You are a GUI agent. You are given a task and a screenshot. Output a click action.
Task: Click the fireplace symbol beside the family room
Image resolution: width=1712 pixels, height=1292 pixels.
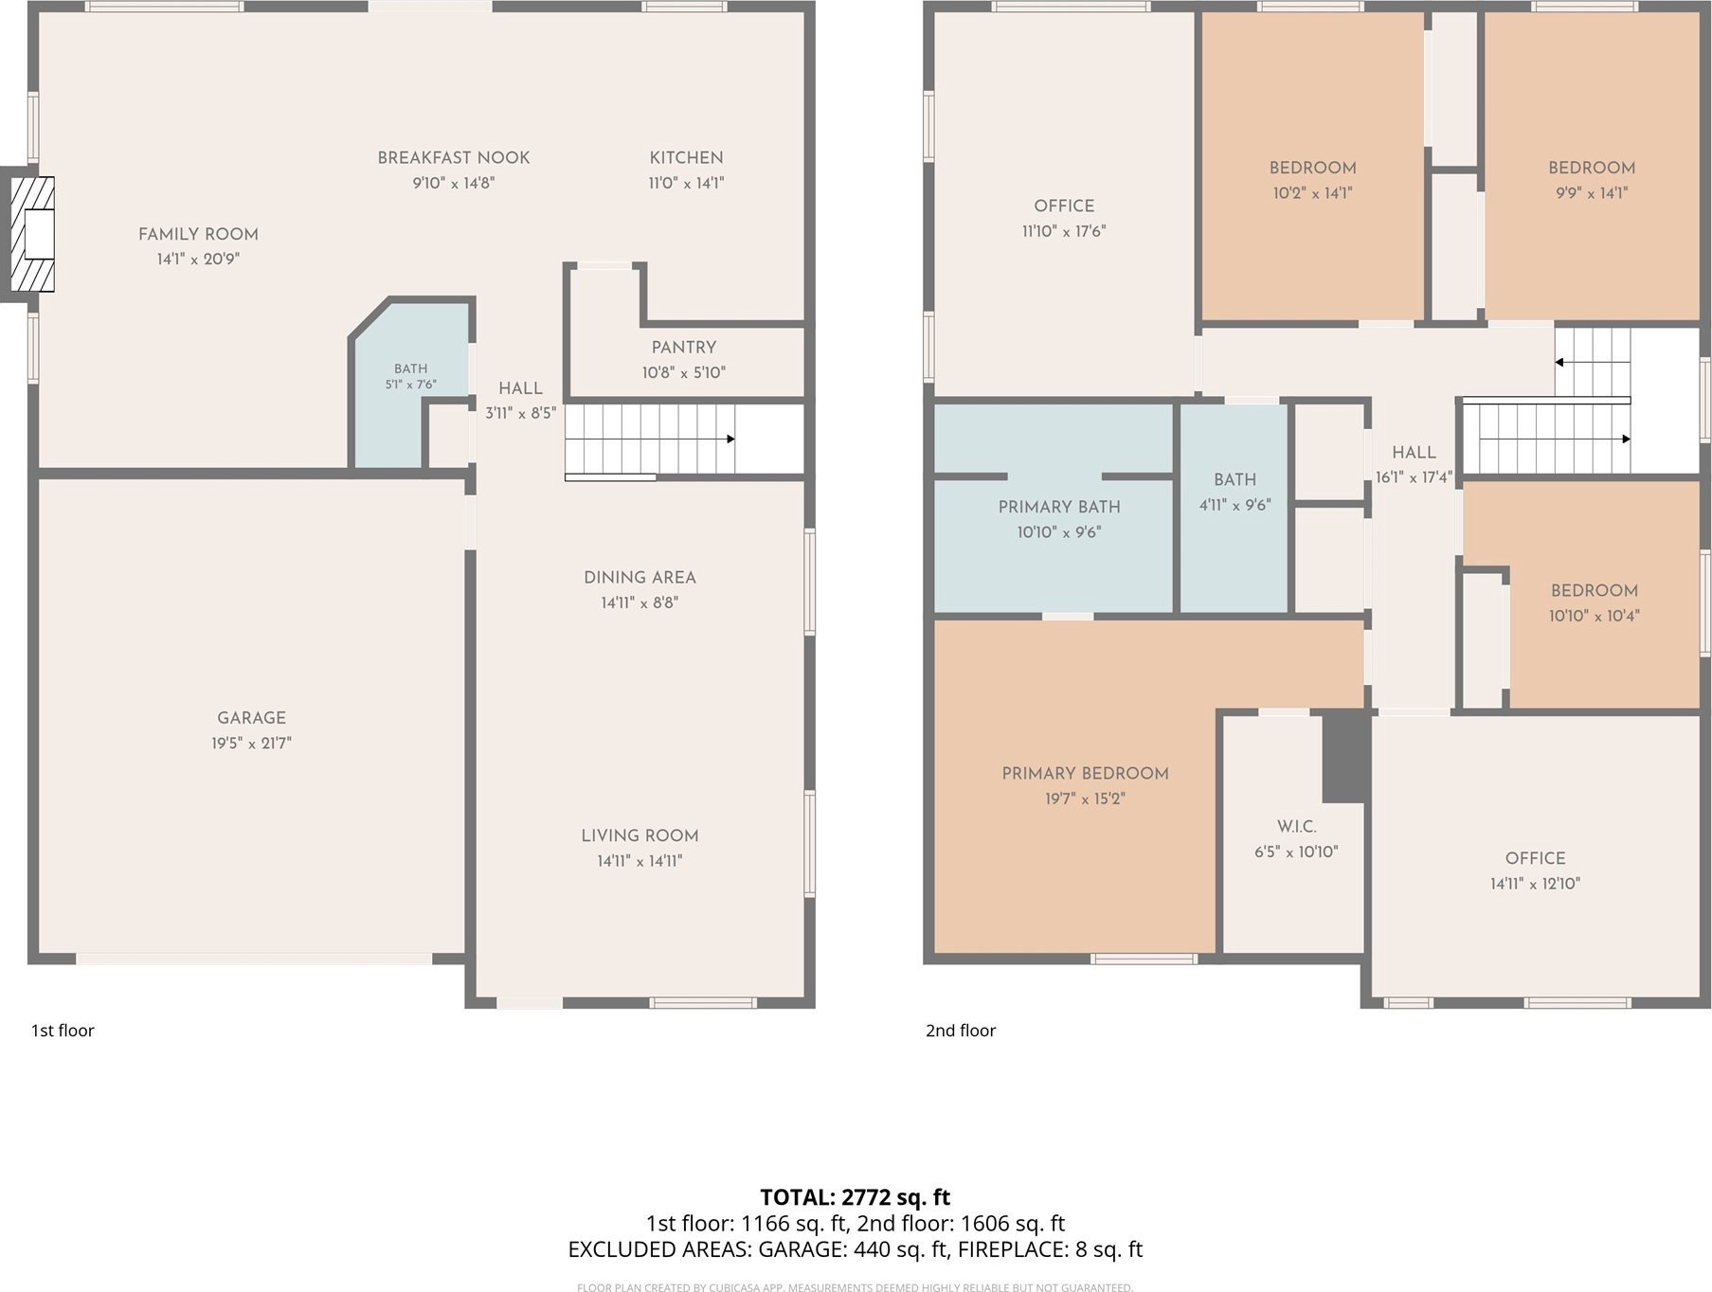pyautogui.click(x=32, y=234)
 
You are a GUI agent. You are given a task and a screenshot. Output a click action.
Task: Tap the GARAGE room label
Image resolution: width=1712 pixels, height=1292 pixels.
pyautogui.click(x=251, y=718)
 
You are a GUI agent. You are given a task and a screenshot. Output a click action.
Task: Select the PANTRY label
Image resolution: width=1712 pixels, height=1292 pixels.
pyautogui.click(x=683, y=348)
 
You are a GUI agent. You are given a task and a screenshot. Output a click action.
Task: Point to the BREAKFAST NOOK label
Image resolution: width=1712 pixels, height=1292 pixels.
pyautogui.click(x=454, y=158)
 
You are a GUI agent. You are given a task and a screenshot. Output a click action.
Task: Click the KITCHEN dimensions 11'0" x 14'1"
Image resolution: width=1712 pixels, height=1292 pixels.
pyautogui.click(x=686, y=183)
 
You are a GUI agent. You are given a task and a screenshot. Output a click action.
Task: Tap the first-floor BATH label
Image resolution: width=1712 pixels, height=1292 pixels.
pyautogui.click(x=411, y=368)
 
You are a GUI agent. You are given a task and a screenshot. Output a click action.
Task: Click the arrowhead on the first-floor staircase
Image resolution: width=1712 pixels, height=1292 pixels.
pyautogui.click(x=730, y=440)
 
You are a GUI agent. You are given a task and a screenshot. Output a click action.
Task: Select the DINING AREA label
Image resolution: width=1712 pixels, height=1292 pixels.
pyautogui.click(x=640, y=578)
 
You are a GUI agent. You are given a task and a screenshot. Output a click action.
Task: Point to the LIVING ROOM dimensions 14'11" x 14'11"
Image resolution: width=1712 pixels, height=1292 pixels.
pyautogui.click(x=640, y=861)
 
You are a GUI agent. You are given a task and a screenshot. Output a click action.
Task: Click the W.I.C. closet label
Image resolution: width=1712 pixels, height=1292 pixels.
pyautogui.click(x=1296, y=827)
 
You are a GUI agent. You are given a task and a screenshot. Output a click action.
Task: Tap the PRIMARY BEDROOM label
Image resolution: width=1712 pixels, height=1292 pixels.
pyautogui.click(x=1085, y=774)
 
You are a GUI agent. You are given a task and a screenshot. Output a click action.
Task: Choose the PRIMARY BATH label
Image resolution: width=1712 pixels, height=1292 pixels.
pyautogui.click(x=1059, y=508)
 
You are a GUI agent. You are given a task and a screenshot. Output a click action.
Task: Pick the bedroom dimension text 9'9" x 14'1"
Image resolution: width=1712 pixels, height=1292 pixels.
pyautogui.click(x=1592, y=193)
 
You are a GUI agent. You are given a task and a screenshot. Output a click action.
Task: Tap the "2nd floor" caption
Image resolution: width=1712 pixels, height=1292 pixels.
pyautogui.click(x=961, y=1031)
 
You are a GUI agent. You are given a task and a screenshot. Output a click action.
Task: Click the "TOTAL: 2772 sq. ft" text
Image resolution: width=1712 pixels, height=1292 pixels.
pyautogui.click(x=855, y=1197)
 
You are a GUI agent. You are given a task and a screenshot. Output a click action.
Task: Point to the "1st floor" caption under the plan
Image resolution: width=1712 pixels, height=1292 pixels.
pyautogui.click(x=63, y=1031)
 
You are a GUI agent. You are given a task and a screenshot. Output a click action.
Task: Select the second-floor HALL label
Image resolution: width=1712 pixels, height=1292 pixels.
pyautogui.click(x=1414, y=453)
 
